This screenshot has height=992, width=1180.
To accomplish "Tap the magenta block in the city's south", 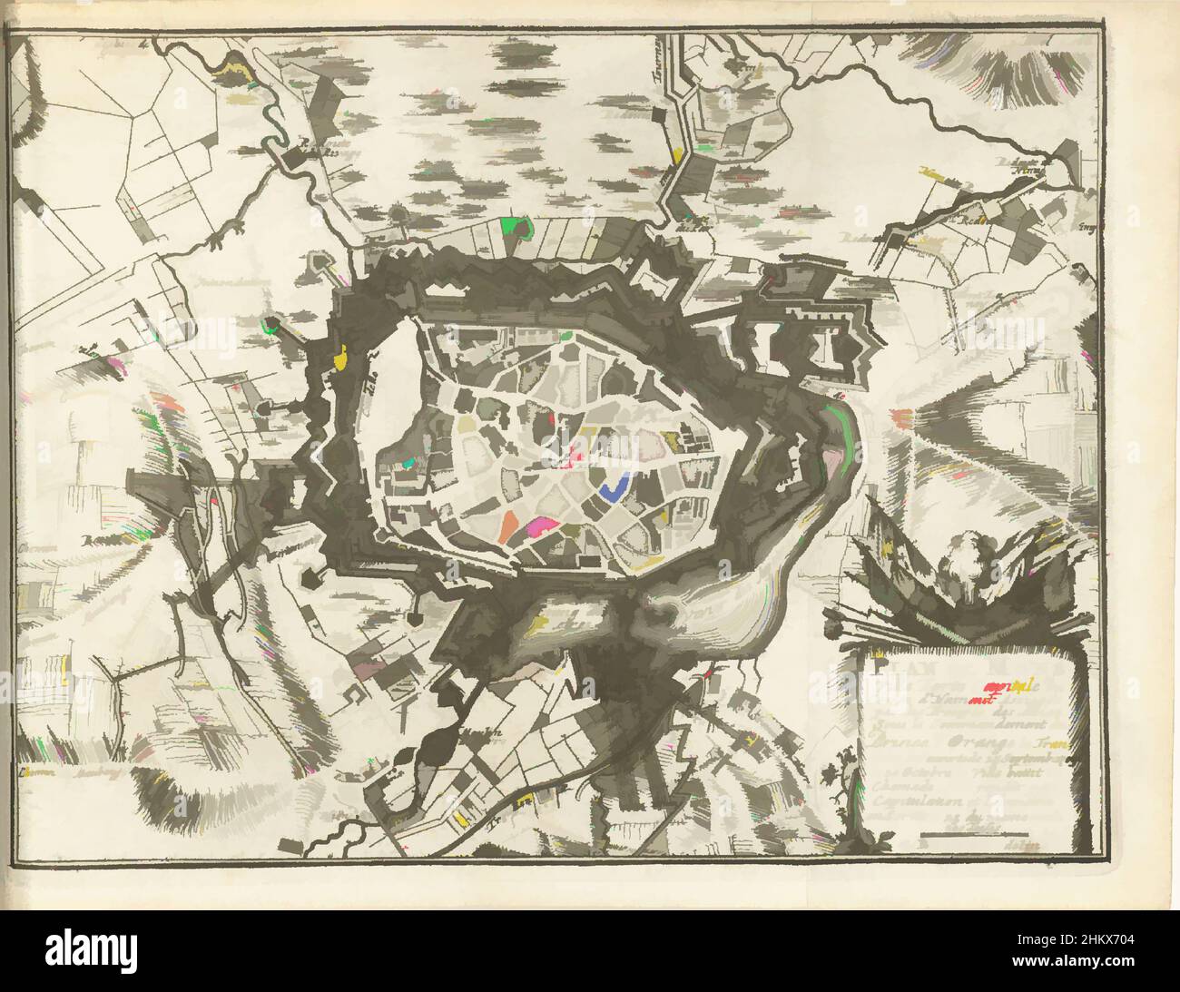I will click(x=543, y=525).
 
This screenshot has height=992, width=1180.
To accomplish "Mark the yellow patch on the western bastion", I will click(x=342, y=357).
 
